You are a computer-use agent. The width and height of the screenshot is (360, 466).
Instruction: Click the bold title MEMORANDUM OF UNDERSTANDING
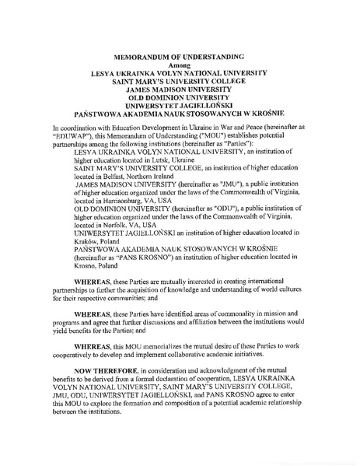(180, 58)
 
